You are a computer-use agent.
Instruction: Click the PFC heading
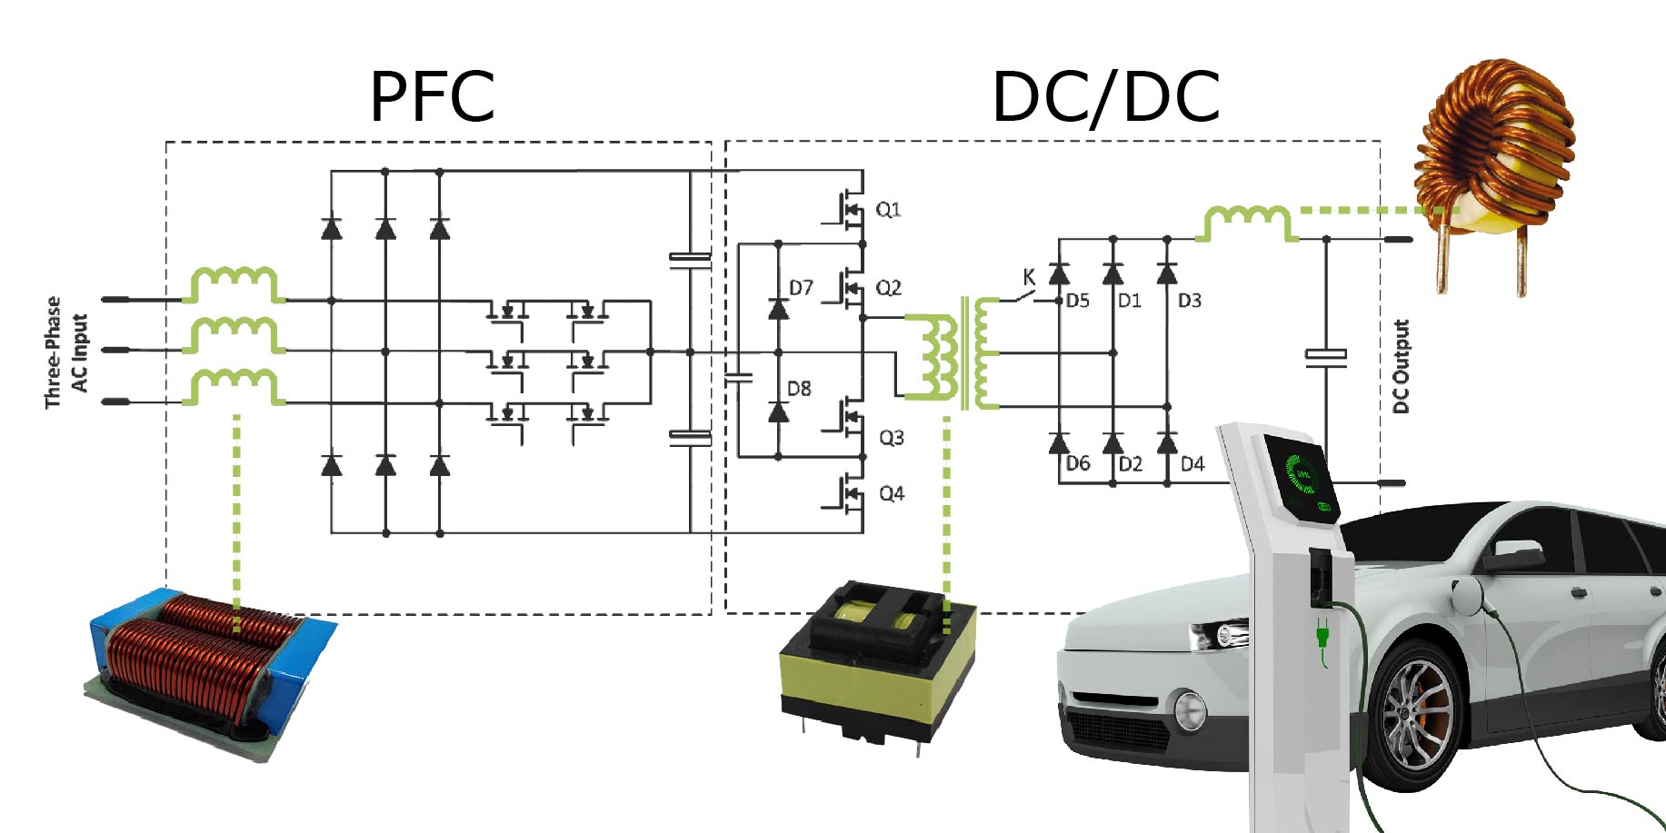point(432,96)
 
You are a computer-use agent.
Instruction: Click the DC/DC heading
point(1105,97)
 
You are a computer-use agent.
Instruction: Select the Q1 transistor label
point(888,210)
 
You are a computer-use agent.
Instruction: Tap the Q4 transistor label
point(892,493)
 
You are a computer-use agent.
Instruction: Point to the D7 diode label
point(801,288)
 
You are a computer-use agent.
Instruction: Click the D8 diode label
point(799,389)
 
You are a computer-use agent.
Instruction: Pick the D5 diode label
point(1077,301)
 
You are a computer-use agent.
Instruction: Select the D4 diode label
point(1192,464)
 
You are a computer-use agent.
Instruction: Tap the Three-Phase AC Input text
point(66,352)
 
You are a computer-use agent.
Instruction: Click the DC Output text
point(1401,366)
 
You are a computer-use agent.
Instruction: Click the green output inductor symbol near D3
point(1246,223)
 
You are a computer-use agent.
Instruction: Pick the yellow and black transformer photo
point(877,663)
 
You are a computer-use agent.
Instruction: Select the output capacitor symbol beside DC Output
point(1326,356)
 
